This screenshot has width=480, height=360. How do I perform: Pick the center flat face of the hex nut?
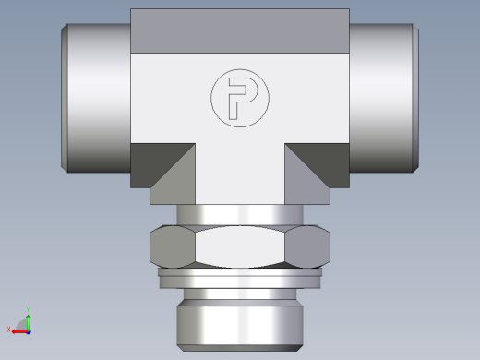coord(239,246)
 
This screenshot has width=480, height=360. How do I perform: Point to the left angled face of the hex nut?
coord(172,246)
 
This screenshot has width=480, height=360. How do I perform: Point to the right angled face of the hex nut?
coord(307,246)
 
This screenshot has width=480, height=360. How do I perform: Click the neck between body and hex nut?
coord(239,215)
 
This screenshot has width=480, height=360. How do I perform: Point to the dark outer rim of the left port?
coord(65,97)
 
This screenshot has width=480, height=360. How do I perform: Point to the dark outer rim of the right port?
coord(414,97)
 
